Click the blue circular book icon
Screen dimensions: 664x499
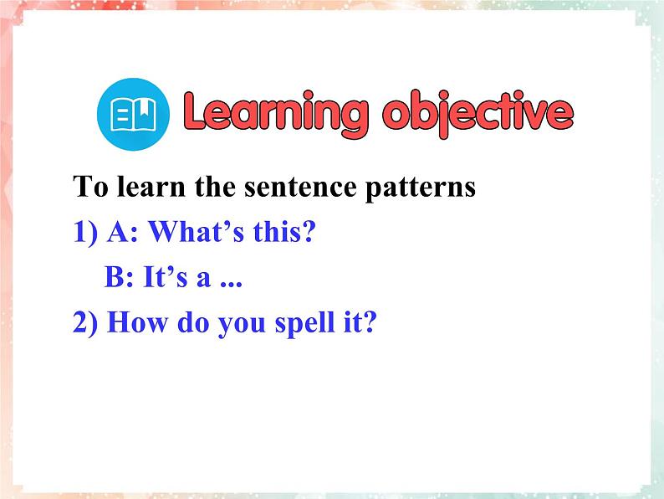pos(134,114)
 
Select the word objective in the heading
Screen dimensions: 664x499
pos(478,113)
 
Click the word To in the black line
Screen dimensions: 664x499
pos(90,187)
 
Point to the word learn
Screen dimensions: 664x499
pos(151,187)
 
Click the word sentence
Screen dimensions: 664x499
pos(300,188)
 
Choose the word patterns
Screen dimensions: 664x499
pos(421,188)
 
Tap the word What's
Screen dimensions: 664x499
pos(196,231)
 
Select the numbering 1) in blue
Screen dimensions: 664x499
pos(85,232)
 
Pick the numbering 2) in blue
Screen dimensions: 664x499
pos(85,323)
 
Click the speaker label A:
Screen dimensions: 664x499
pos(123,232)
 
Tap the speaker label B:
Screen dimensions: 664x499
pos(119,277)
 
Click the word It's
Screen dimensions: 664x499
pos(165,277)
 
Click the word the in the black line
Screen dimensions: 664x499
pos(215,187)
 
